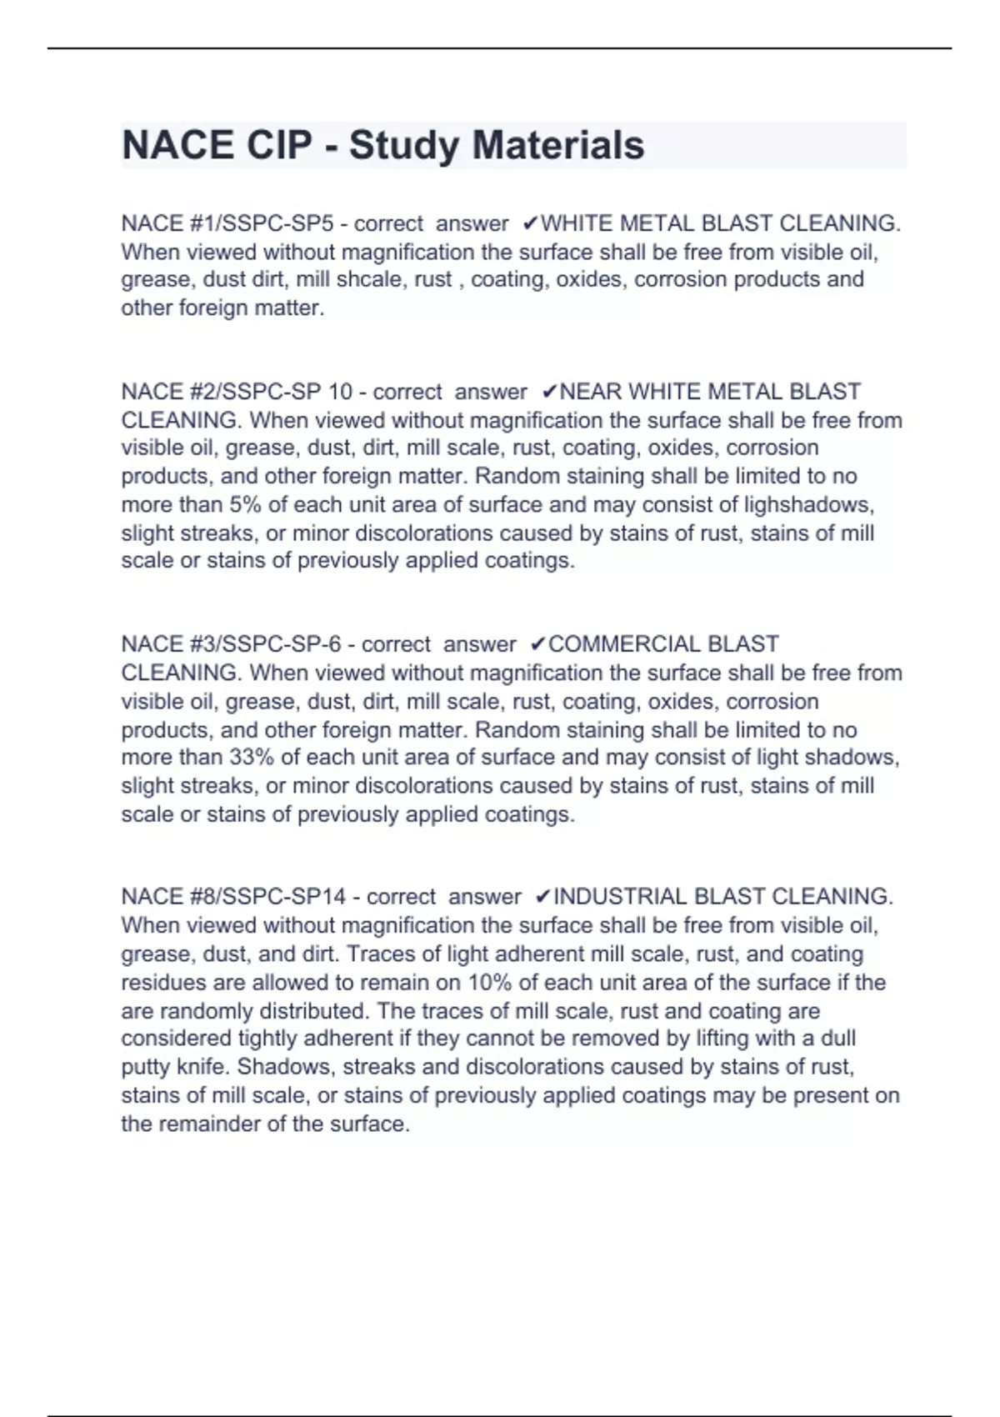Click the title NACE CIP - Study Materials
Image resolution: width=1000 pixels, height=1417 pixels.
click(383, 145)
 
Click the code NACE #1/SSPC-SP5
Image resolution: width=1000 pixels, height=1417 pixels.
click(227, 223)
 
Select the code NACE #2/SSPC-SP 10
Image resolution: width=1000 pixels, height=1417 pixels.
click(237, 392)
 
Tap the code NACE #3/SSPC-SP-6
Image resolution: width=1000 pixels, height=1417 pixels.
click(231, 644)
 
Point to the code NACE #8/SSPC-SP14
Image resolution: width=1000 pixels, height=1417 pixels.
click(233, 897)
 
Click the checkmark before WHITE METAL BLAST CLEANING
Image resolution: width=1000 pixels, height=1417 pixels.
click(531, 223)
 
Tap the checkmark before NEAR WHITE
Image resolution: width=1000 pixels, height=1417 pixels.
click(549, 392)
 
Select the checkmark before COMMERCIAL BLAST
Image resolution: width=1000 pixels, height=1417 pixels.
click(538, 644)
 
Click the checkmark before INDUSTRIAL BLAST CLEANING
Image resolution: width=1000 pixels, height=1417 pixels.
click(542, 897)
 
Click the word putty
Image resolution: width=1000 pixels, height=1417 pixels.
click(146, 1067)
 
